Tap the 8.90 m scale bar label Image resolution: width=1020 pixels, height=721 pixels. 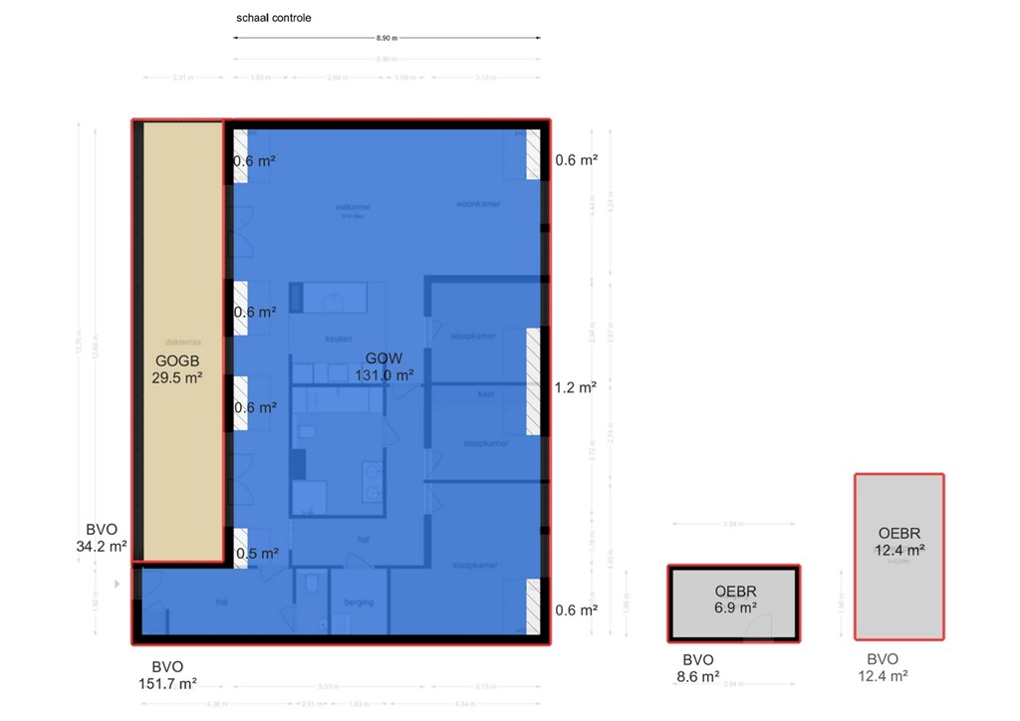point(386,39)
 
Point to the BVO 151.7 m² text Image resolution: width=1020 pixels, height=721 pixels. point(167,674)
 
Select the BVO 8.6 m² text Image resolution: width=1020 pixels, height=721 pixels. point(699,667)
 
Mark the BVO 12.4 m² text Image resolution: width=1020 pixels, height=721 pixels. point(883,666)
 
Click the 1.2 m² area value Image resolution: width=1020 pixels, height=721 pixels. point(576,387)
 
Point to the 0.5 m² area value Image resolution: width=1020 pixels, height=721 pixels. point(256,554)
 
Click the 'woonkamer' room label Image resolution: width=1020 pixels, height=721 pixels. point(478,204)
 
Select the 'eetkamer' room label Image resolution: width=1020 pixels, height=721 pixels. point(353,207)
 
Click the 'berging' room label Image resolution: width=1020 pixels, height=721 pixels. point(359,601)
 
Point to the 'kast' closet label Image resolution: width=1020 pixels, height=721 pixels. point(486,393)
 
